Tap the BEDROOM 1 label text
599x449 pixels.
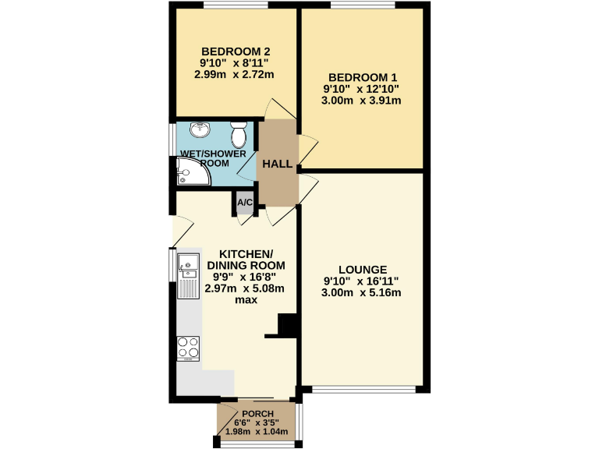click(x=363, y=77)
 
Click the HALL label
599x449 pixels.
click(x=277, y=164)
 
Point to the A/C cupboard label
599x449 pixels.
click(x=244, y=203)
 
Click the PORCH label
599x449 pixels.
click(x=257, y=413)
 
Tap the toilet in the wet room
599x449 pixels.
click(x=240, y=136)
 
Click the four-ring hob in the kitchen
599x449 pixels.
click(x=188, y=347)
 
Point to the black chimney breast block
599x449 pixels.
click(x=285, y=326)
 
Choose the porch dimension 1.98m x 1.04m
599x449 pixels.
click(x=257, y=432)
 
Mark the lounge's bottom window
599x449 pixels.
click(x=363, y=388)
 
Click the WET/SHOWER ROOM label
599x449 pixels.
click(x=213, y=158)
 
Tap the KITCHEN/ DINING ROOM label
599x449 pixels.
click(x=246, y=260)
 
